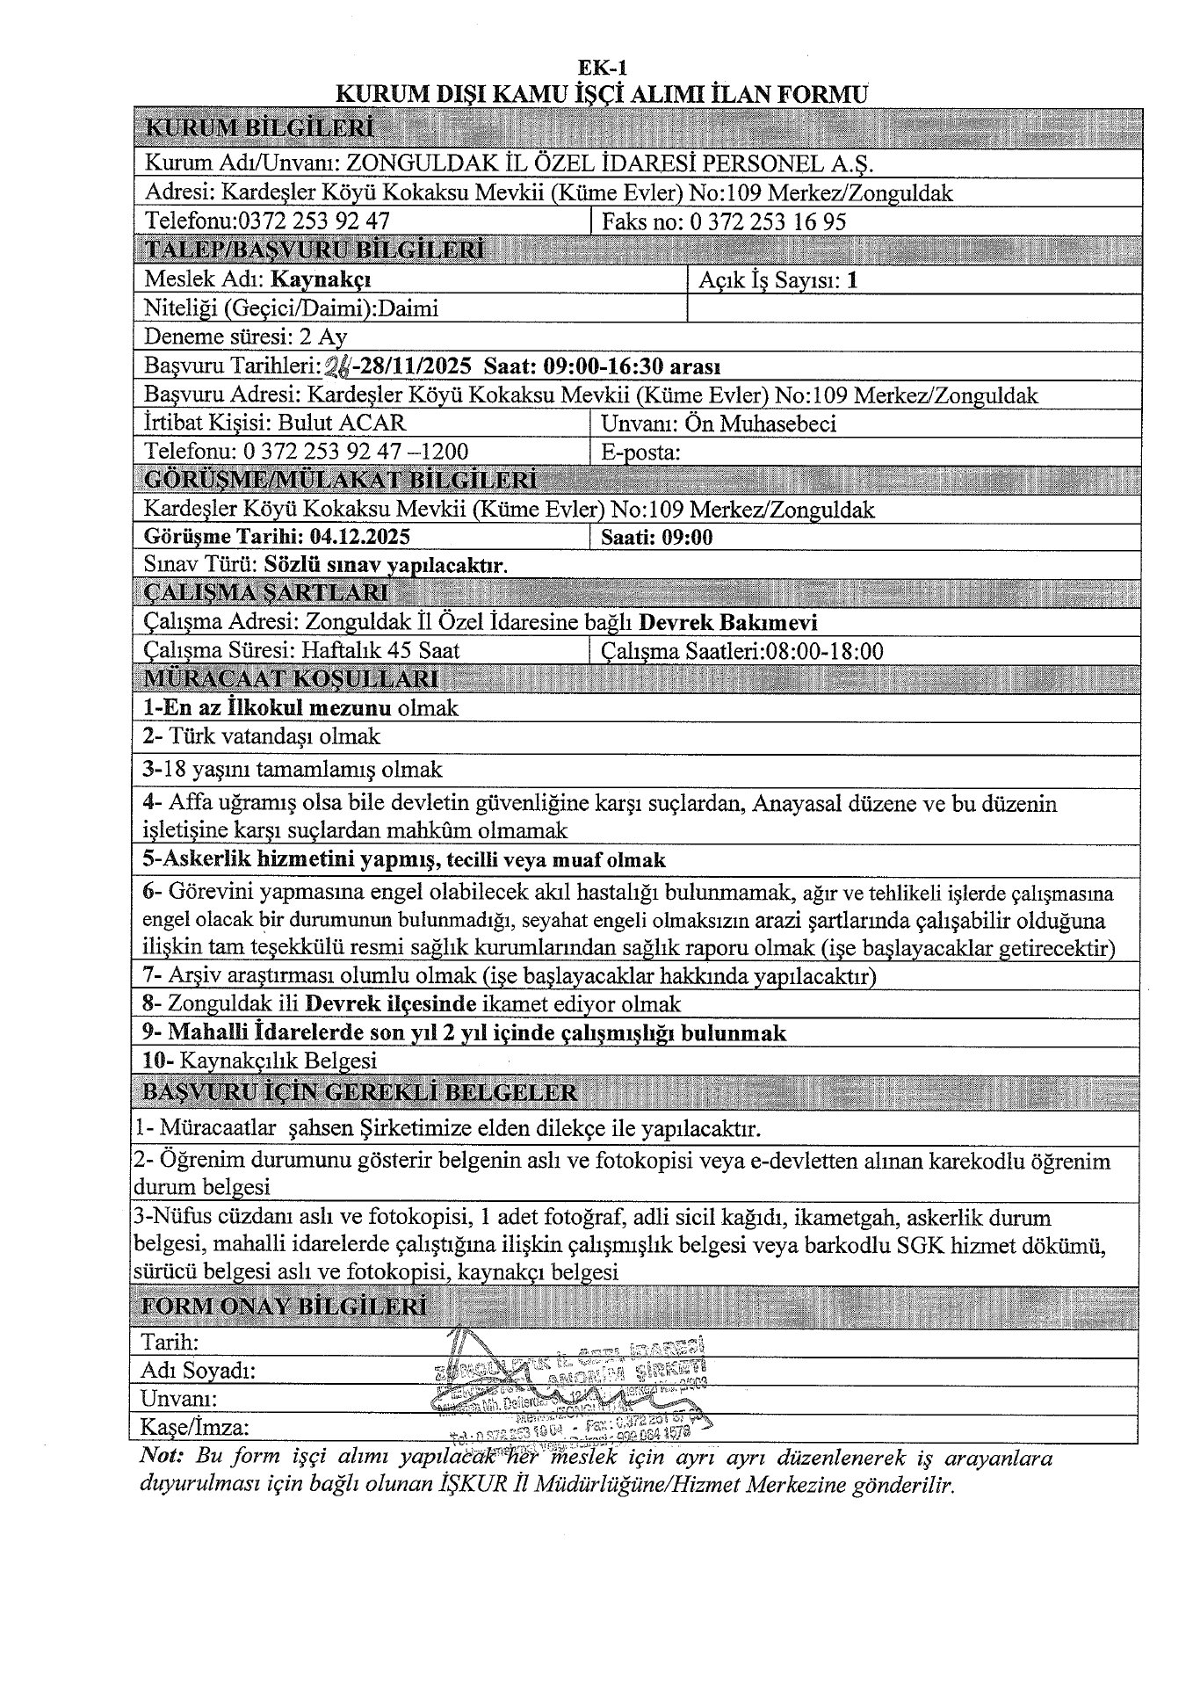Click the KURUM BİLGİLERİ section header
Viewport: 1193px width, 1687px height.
pos(259,128)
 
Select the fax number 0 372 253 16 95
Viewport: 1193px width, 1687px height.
pos(769,221)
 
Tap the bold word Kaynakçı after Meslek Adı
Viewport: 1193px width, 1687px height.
pos(321,279)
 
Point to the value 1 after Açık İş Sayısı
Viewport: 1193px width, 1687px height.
pos(851,280)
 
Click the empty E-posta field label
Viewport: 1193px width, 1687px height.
pos(641,452)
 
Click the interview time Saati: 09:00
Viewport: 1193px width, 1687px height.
pos(657,537)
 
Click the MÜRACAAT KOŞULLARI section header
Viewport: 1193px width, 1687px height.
pos(290,678)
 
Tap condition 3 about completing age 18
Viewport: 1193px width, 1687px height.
pos(293,769)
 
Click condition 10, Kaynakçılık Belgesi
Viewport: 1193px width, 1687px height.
pos(260,1061)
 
